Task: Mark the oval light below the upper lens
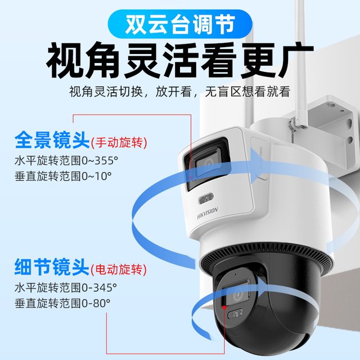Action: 206,199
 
